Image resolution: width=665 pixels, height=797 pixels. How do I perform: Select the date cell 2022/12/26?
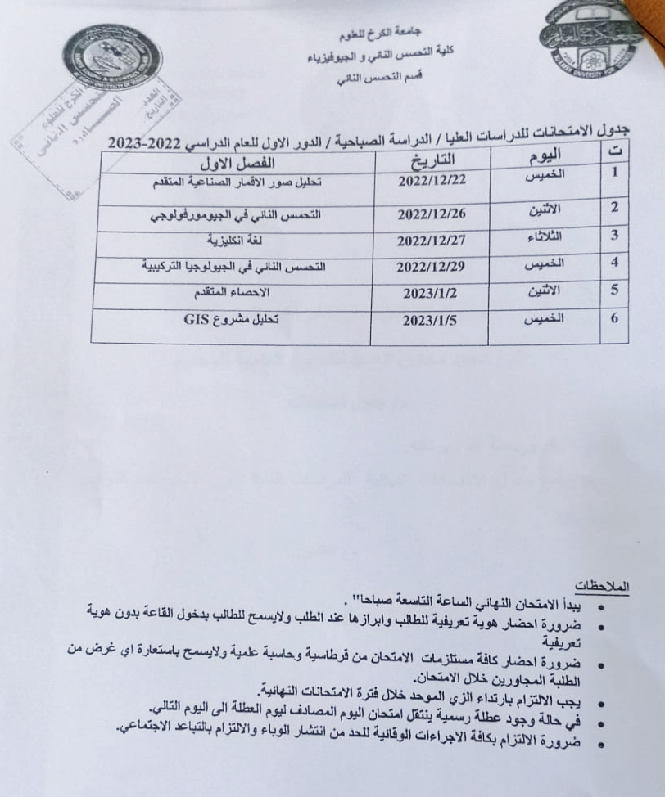click(x=431, y=217)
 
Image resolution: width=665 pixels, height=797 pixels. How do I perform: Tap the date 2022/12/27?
click(x=431, y=242)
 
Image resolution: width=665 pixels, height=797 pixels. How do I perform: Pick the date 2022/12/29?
click(x=431, y=268)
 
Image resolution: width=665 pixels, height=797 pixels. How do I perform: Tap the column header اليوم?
click(x=545, y=155)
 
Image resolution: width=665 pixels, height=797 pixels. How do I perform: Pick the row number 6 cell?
click(x=614, y=317)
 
